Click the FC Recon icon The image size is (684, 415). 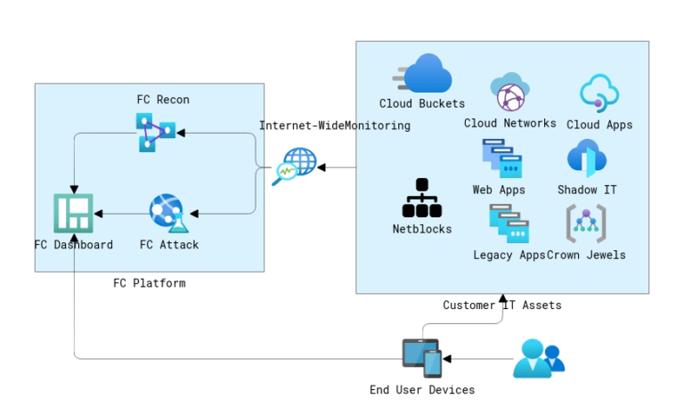(155, 132)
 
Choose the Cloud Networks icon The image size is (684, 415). (510, 93)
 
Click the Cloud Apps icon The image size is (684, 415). (599, 93)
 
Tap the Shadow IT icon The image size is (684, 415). (587, 159)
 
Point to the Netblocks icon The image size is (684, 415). (422, 198)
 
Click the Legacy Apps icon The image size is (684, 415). (509, 224)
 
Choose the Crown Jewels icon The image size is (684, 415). (586, 224)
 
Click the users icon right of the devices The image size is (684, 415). (539, 358)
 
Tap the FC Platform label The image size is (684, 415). (150, 283)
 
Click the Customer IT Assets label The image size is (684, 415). (502, 305)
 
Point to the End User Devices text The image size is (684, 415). (422, 389)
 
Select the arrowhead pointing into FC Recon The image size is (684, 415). (181, 133)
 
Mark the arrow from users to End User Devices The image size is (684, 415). (477, 358)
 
